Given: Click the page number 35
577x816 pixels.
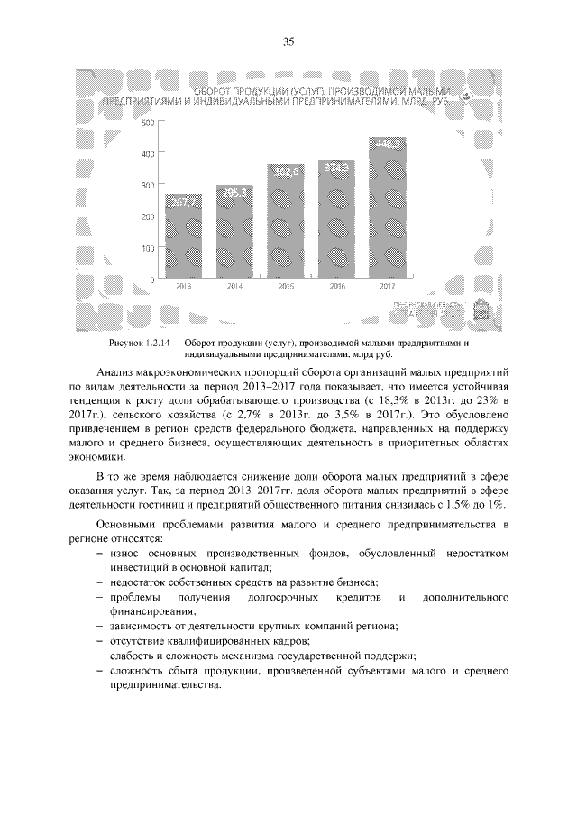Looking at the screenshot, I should [x=288, y=41].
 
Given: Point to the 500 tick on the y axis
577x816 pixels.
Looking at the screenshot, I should [x=148, y=121].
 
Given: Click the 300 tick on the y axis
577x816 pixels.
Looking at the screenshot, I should [x=148, y=185].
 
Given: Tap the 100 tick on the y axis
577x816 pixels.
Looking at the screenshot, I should [x=148, y=248].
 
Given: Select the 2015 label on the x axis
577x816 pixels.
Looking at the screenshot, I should [x=285, y=287].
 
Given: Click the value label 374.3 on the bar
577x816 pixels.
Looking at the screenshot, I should [x=336, y=168].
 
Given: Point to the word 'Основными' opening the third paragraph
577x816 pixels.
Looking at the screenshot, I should [x=126, y=524].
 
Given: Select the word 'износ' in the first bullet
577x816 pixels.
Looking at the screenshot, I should [x=124, y=552].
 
